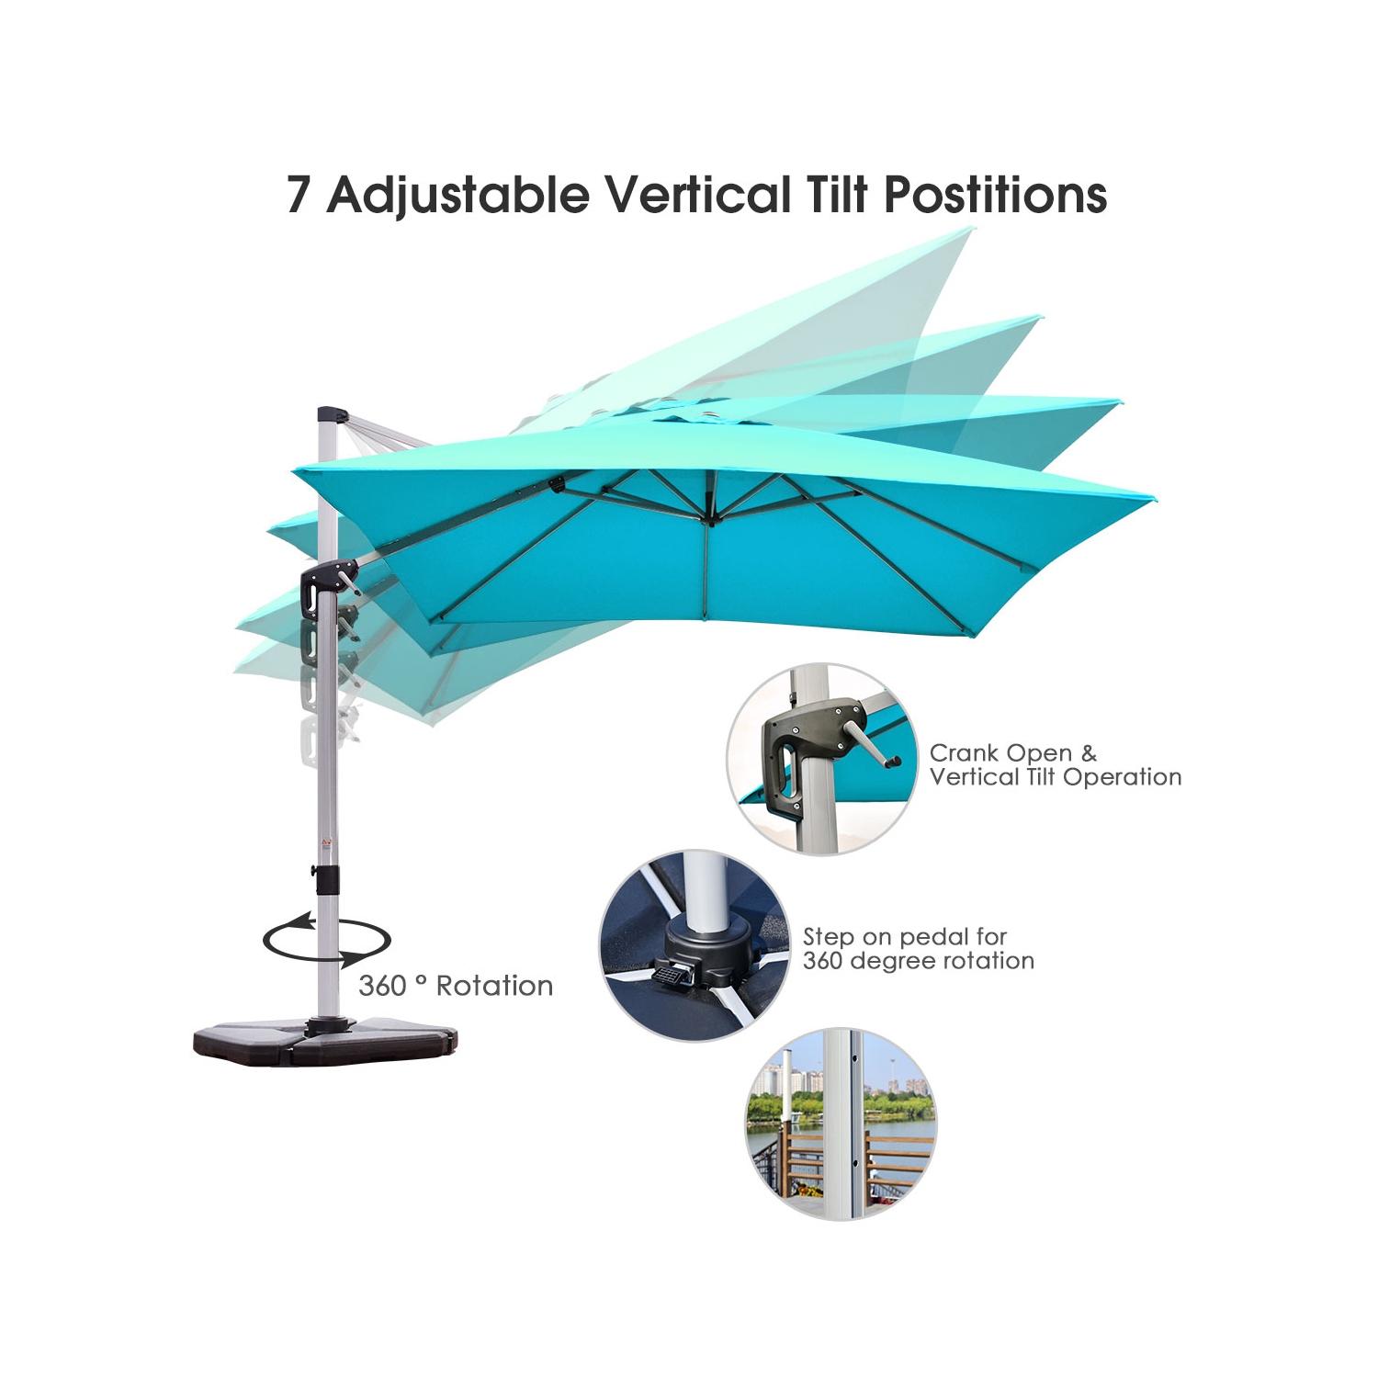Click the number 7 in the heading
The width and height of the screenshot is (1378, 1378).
click(x=298, y=195)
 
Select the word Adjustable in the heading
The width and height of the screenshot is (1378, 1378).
click(x=458, y=195)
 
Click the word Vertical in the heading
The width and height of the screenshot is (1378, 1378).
click(x=697, y=195)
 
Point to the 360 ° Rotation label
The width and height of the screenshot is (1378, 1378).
click(x=456, y=986)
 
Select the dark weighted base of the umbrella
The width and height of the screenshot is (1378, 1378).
click(x=325, y=1043)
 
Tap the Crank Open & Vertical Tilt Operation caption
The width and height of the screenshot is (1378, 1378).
click(x=1055, y=765)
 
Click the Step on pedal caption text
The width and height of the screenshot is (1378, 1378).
click(x=918, y=949)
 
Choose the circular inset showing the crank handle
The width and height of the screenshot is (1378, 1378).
click(x=823, y=759)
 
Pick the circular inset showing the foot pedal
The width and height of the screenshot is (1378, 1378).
click(x=695, y=945)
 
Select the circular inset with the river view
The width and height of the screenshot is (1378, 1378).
click(x=840, y=1124)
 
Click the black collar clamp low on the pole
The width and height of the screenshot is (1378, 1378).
click(x=326, y=878)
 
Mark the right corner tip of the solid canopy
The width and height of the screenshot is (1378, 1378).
click(x=1152, y=499)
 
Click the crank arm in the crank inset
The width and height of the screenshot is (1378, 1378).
click(x=874, y=743)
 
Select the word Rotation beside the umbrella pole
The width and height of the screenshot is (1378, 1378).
click(x=494, y=986)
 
